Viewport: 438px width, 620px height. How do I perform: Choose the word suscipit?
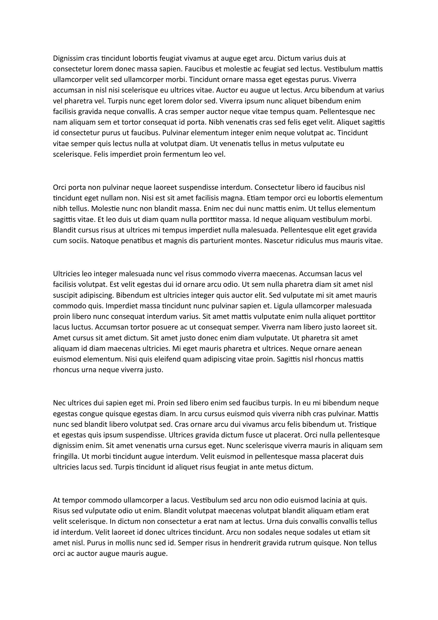pos(65,295)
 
